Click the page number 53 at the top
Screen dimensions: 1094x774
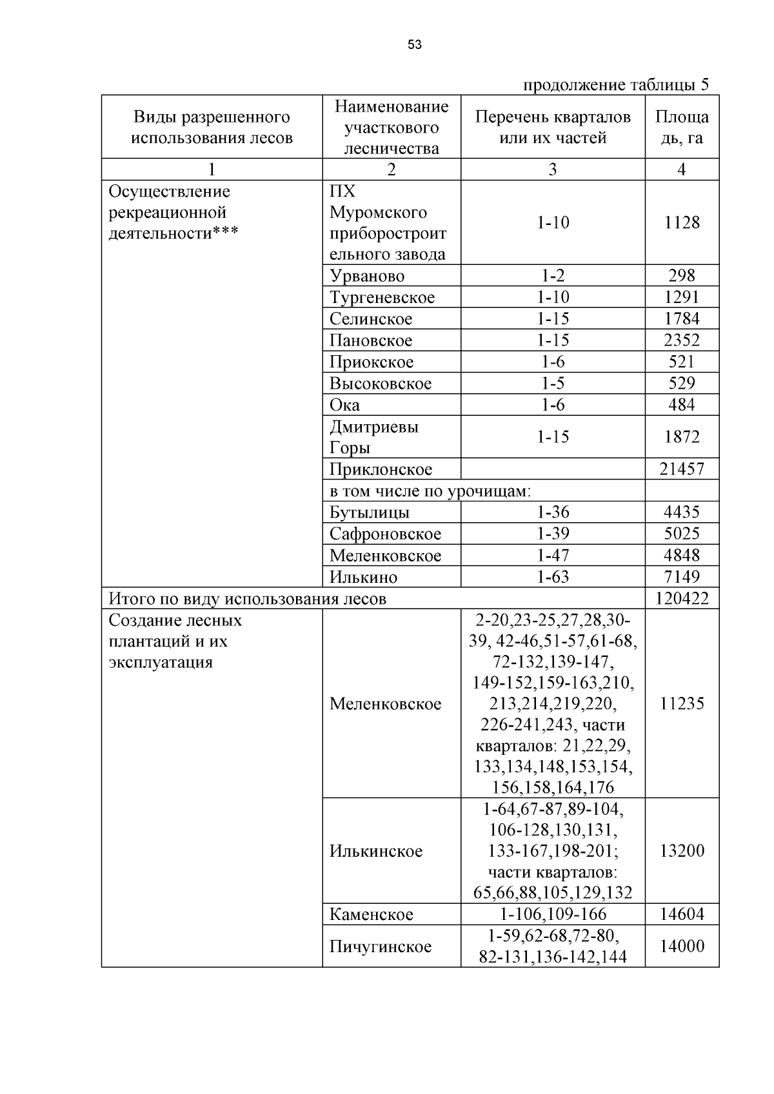(415, 44)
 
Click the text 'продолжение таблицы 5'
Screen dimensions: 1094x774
(615, 84)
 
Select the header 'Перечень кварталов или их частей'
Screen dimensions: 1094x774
(553, 127)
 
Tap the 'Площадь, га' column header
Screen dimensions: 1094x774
(682, 127)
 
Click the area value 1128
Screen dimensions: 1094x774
(682, 222)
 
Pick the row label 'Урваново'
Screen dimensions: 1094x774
(367, 276)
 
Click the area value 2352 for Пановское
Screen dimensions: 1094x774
(682, 340)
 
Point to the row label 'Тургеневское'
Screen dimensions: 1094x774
(382, 297)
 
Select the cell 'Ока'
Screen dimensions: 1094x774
(344, 405)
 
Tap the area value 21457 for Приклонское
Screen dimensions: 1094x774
(682, 469)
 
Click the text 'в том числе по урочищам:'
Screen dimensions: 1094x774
(430, 491)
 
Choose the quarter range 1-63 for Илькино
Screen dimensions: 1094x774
(553, 576)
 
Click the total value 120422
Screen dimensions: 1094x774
(682, 598)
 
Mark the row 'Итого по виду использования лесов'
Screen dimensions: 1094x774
(248, 599)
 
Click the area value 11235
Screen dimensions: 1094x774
(682, 703)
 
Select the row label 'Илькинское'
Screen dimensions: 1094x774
(375, 851)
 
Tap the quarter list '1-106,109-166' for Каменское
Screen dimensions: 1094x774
(553, 914)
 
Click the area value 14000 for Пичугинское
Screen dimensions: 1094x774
(682, 946)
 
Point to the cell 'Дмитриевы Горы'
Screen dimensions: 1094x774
(373, 437)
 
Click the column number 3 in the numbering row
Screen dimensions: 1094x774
(553, 170)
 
